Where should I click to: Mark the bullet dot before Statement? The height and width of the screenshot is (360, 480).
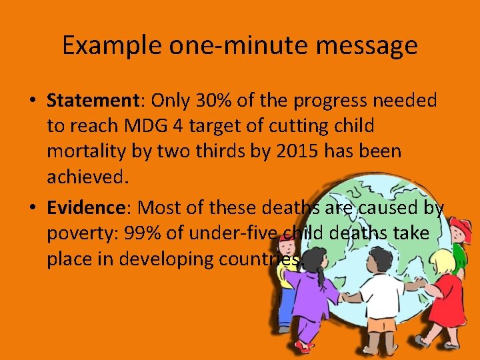tap(32, 101)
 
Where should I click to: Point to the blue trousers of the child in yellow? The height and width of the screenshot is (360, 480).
tap(285, 306)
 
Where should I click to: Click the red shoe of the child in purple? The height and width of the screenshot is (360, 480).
tap(306, 347)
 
